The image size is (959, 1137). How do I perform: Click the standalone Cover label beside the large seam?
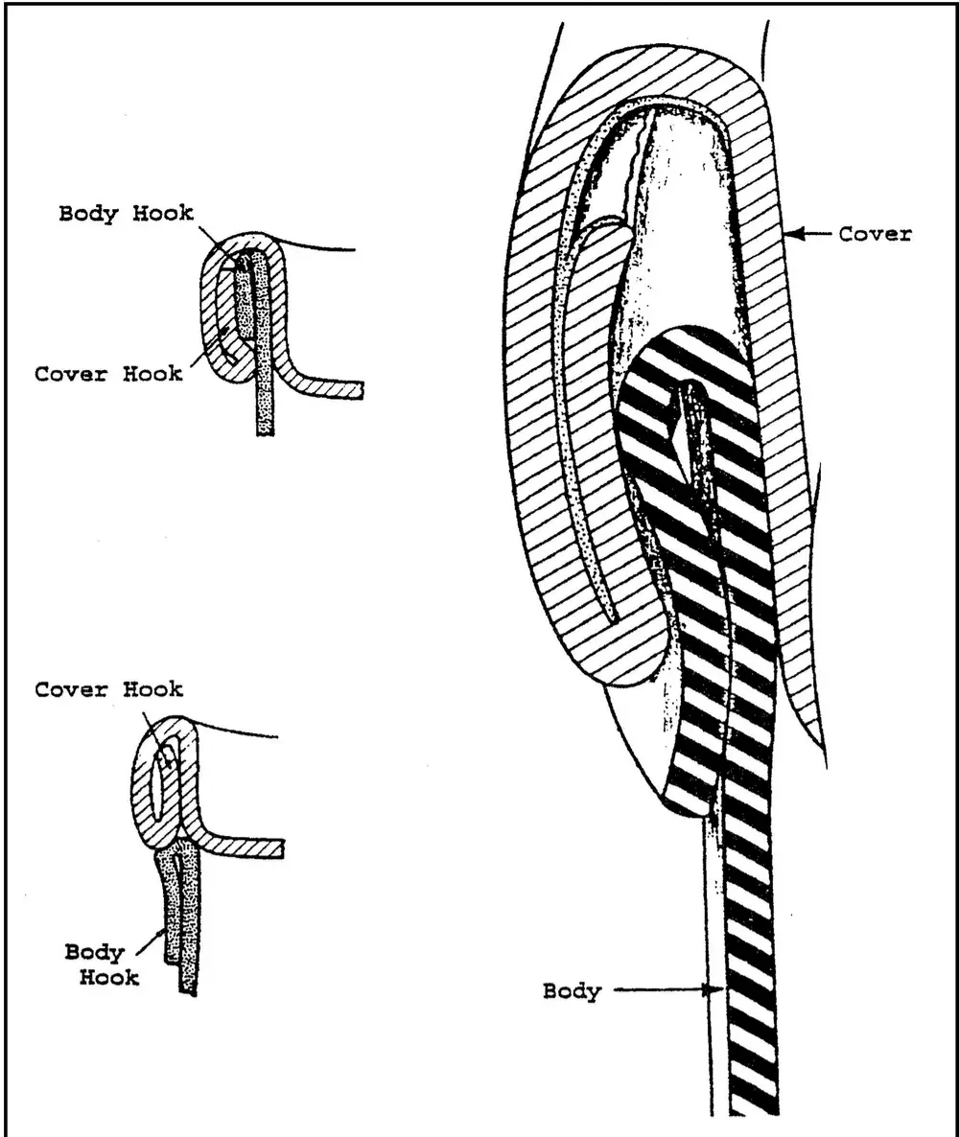click(875, 233)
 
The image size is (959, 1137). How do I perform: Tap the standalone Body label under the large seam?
click(571, 990)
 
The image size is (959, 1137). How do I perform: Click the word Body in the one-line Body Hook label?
click(88, 213)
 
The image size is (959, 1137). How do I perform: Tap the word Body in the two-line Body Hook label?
click(94, 953)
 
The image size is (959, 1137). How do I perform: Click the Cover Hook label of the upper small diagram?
click(107, 373)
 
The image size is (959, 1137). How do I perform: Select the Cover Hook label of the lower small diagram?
click(108, 689)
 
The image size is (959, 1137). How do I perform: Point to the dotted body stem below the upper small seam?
click(264, 412)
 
